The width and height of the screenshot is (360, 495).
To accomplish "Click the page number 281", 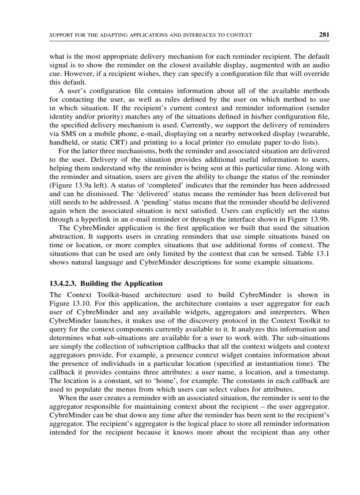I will coord(324,35).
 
